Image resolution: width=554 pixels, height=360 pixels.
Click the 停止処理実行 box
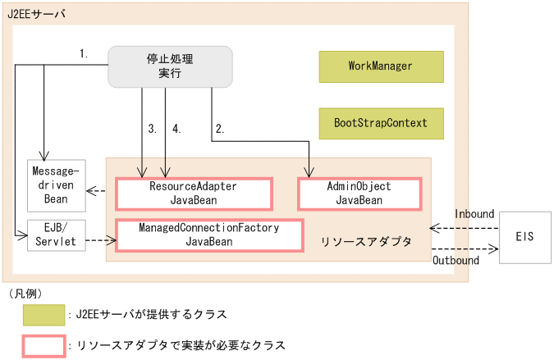coord(171,66)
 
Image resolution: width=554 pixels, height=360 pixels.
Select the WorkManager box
coord(381,66)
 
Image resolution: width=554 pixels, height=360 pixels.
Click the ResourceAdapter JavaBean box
coord(194,194)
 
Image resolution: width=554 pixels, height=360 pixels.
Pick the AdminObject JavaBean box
coord(359,194)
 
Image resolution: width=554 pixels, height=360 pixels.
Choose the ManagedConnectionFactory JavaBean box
coord(209,235)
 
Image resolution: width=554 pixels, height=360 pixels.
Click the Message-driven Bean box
coord(56,185)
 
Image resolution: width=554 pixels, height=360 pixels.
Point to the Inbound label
coord(474,213)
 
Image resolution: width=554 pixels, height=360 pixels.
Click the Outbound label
coord(455,260)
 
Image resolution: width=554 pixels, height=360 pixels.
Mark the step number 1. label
coord(84,54)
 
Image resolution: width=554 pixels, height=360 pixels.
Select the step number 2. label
coord(220,129)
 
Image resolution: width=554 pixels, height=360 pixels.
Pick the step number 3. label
coord(152,129)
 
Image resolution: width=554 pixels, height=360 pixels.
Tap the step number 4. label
coord(176,129)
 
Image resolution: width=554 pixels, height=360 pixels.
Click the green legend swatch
coord(44,315)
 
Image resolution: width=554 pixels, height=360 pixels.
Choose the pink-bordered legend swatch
coord(44,346)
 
